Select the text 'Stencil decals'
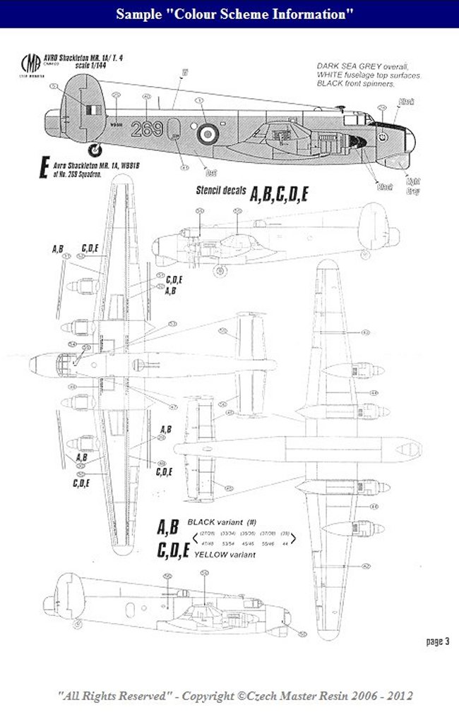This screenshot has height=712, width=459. tap(218, 191)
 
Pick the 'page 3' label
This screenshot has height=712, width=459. tap(438, 641)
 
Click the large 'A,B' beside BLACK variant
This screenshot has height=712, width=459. tap(168, 527)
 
